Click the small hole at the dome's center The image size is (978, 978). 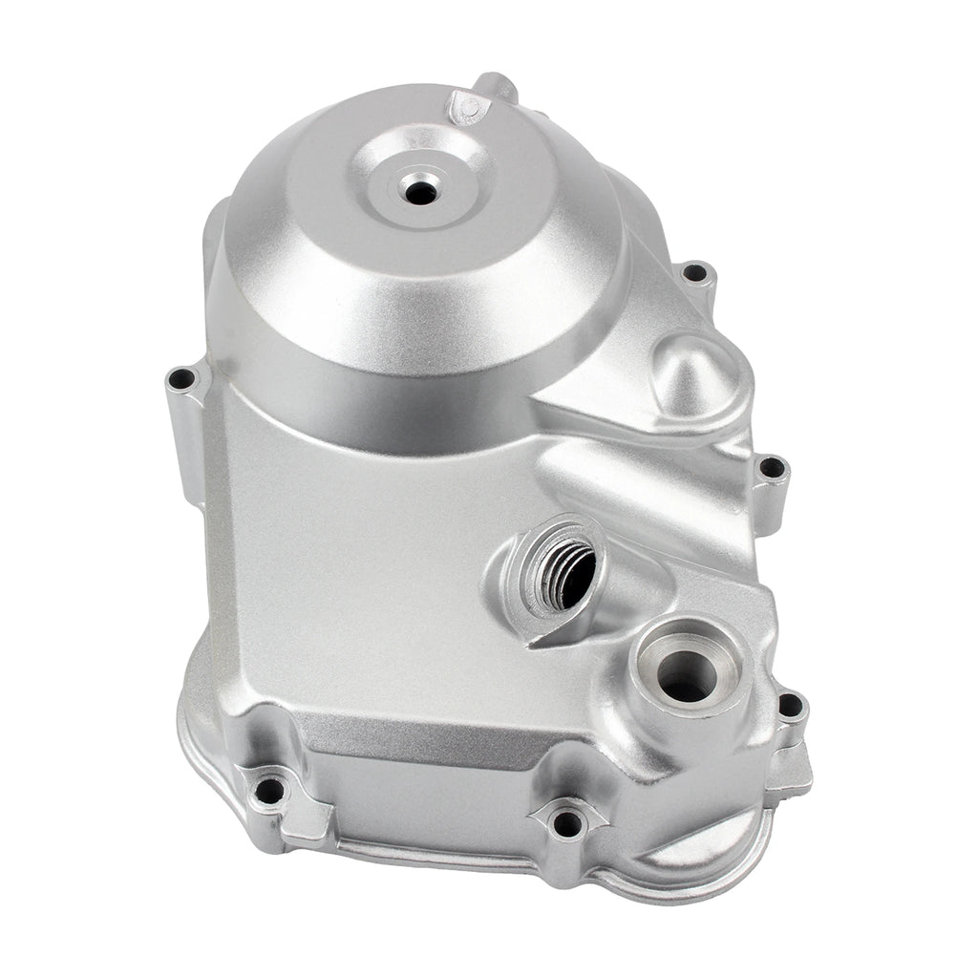[x=418, y=191]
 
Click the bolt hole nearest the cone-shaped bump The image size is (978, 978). [x=696, y=273]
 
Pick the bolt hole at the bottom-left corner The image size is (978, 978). [x=271, y=790]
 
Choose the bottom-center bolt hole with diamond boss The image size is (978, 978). [x=567, y=821]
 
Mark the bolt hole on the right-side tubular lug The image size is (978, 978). [x=771, y=470]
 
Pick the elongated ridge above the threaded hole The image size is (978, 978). [x=630, y=492]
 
